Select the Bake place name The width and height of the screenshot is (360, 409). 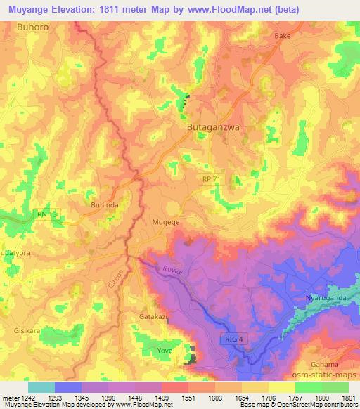click(x=283, y=35)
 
